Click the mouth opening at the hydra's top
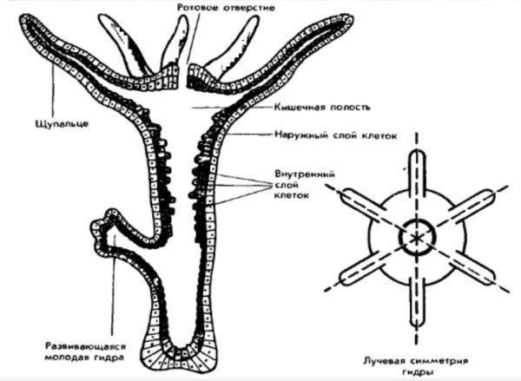(x=188, y=70)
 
